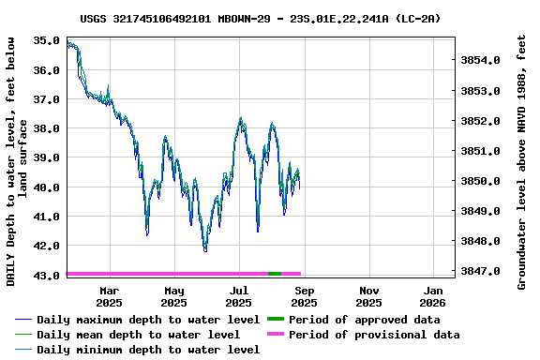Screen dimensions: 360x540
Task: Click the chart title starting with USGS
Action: pos(260,18)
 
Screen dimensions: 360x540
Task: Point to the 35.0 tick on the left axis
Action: pos(47,40)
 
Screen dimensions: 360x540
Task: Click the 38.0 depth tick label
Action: pos(47,128)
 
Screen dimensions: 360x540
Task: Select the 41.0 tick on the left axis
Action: pos(47,217)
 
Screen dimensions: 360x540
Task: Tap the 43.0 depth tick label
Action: pos(47,275)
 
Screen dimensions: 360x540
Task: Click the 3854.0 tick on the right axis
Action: pos(481,61)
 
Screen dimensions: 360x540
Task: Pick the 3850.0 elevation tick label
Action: pos(481,181)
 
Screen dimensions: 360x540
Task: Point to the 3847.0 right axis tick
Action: pos(481,271)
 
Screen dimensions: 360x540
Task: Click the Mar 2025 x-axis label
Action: pos(109,296)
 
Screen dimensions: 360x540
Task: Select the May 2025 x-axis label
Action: pos(173,296)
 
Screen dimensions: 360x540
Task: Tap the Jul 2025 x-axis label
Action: pos(239,296)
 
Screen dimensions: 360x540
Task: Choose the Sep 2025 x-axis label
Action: pos(304,296)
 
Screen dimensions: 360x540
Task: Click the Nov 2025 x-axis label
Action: pos(369,296)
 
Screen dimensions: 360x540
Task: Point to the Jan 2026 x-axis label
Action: pos(432,296)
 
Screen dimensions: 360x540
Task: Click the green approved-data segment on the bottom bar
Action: pos(275,274)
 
